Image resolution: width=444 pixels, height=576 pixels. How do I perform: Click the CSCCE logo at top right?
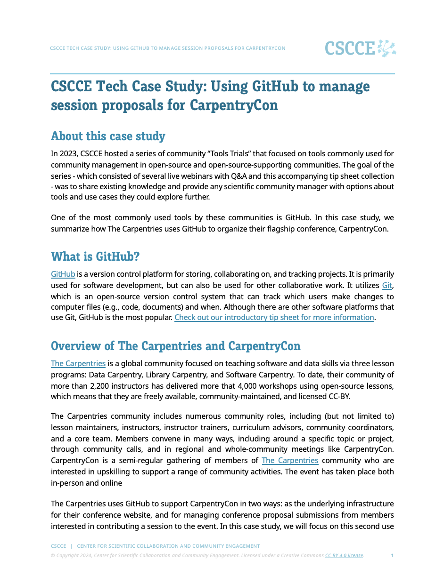[x=360, y=48]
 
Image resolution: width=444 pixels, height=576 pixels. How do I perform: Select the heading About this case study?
[x=108, y=136]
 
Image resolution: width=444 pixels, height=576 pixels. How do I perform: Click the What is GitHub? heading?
[x=95, y=256]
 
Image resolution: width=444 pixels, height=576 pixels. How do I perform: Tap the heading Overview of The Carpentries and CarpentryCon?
[x=175, y=346]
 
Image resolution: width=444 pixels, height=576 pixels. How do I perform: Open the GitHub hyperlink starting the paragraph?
[x=63, y=274]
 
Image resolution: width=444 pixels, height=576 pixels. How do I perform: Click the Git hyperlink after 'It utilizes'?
[x=387, y=286]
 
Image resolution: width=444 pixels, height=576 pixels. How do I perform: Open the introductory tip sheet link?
[x=274, y=318]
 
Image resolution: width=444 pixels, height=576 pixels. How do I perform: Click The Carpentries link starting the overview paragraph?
[x=78, y=364]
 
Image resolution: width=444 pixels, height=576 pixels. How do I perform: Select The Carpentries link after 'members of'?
[x=290, y=461]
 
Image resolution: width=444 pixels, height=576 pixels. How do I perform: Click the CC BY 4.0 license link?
[x=344, y=556]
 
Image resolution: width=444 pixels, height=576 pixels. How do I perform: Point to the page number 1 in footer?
[x=392, y=556]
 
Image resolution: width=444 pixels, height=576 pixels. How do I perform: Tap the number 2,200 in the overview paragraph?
[x=108, y=386]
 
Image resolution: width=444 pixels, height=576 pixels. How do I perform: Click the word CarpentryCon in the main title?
[x=234, y=105]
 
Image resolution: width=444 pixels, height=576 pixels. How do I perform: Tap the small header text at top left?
[x=167, y=48]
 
